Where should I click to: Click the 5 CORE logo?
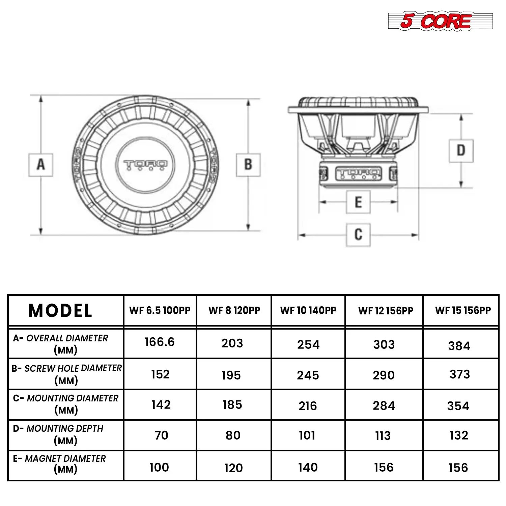click(x=440, y=21)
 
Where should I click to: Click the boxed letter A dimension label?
click(x=40, y=165)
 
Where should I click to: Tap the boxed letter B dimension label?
click(x=248, y=165)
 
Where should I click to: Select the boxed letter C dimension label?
click(x=358, y=234)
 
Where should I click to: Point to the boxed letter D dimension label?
click(x=461, y=150)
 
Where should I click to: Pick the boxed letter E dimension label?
click(x=358, y=202)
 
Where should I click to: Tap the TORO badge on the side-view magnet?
click(x=358, y=174)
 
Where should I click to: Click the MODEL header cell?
click(x=60, y=311)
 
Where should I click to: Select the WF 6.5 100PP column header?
click(x=160, y=310)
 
